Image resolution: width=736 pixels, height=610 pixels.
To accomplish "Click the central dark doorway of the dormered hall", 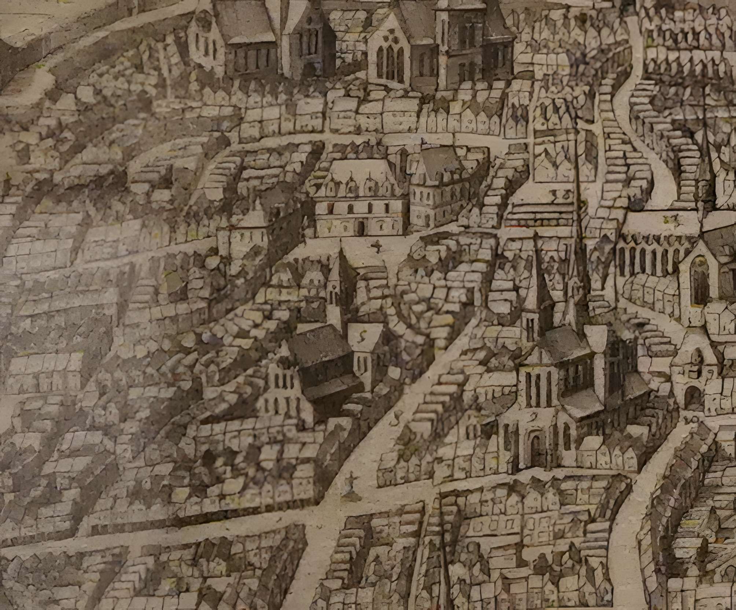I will (x=361, y=229).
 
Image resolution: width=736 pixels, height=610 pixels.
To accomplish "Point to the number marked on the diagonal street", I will (x=396, y=415).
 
